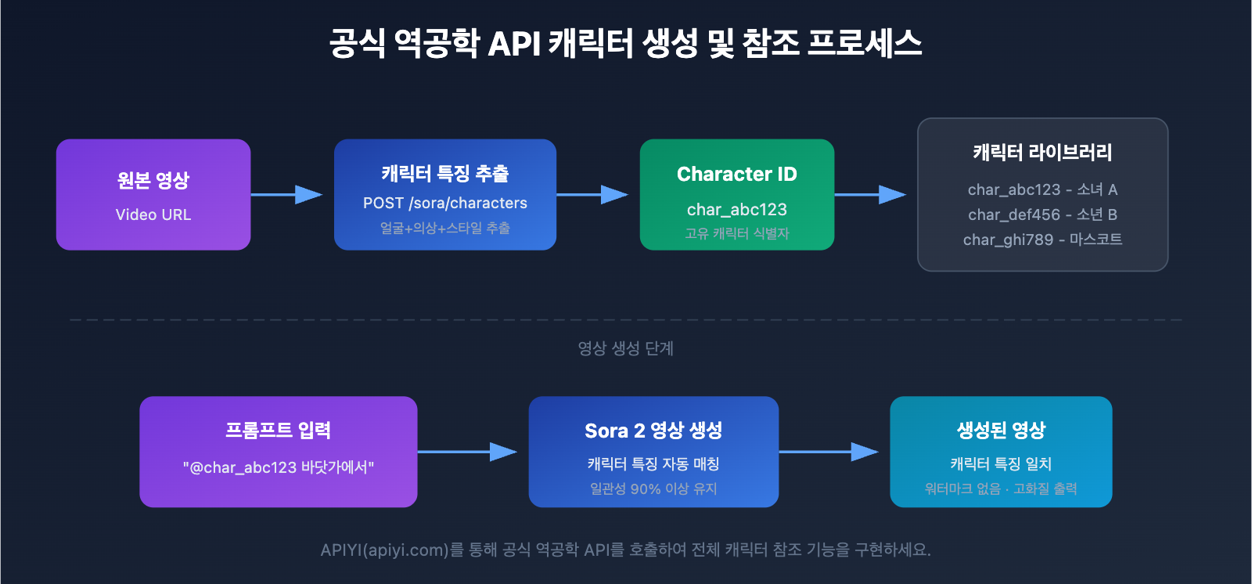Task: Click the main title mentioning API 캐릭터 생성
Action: [x=625, y=42]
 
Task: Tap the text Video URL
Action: [x=153, y=214]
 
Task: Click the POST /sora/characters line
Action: [x=444, y=203]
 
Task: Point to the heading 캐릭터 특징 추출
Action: [x=444, y=174]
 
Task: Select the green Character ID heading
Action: [x=736, y=174]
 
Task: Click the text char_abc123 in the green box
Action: [x=736, y=210]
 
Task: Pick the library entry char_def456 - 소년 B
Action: [x=1042, y=214]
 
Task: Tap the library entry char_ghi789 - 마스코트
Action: [x=1042, y=240]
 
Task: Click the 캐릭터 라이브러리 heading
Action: [x=1042, y=152]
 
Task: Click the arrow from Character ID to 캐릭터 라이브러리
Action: [x=871, y=194]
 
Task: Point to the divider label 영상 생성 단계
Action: [x=625, y=348]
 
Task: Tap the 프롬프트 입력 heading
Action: [x=278, y=430]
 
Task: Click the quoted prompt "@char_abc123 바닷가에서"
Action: [x=278, y=467]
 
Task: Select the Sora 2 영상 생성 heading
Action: [x=653, y=431]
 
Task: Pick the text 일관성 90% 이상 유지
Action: [x=653, y=488]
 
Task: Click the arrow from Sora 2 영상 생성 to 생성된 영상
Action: [x=829, y=452]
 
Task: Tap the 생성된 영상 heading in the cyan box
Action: [x=1001, y=430]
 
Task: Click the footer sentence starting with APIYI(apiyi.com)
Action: [x=625, y=550]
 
